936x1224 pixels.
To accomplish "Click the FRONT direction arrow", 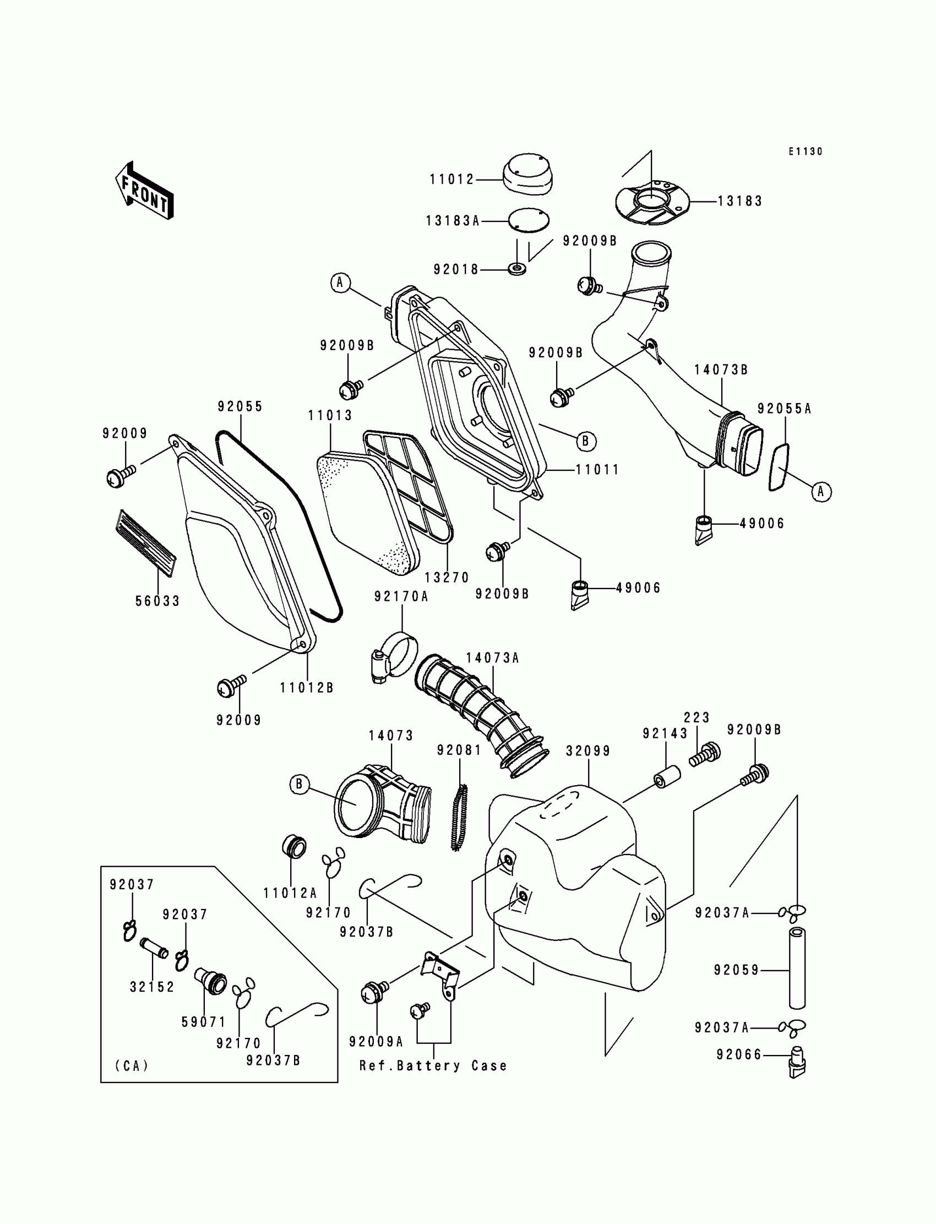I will [x=144, y=191].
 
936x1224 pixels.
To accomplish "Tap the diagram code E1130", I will [x=805, y=151].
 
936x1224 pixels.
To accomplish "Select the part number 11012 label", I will [x=451, y=179].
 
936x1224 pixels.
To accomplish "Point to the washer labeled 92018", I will [x=518, y=270].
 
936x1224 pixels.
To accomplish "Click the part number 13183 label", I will [x=739, y=201].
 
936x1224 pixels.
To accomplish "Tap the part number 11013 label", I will [x=330, y=416].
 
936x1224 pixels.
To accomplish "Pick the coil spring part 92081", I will [x=460, y=817].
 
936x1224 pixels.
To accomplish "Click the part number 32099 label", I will [x=589, y=751].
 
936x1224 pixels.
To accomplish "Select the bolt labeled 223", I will [x=705, y=754].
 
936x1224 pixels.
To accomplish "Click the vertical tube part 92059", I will [x=797, y=969].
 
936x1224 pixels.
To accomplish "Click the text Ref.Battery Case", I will [x=433, y=1066].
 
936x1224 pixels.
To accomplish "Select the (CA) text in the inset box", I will [x=132, y=1066].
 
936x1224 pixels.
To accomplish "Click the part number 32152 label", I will [x=152, y=987].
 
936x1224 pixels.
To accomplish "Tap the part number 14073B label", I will [x=721, y=370].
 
